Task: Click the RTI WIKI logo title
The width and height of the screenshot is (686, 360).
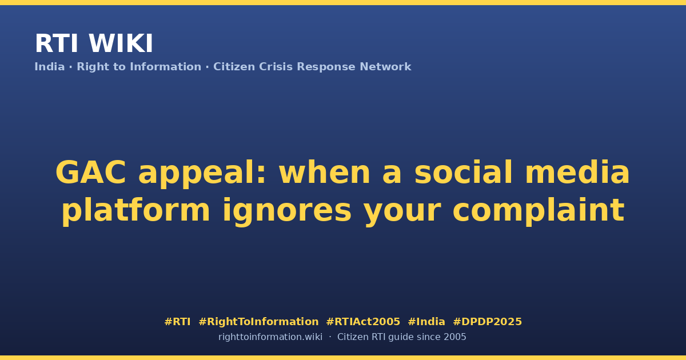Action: click(94, 43)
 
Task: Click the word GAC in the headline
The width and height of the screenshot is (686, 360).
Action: click(91, 173)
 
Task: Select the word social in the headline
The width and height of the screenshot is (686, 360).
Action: click(463, 172)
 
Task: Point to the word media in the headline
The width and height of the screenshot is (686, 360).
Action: click(577, 172)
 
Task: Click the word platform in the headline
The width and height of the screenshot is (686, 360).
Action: click(135, 210)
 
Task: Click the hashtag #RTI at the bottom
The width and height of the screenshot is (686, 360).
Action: click(177, 322)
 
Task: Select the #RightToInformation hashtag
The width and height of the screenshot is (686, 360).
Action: click(258, 322)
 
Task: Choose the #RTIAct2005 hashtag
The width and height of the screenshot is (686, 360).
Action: click(363, 322)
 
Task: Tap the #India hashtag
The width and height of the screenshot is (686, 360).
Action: click(426, 322)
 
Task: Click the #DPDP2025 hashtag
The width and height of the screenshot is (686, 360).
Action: click(487, 322)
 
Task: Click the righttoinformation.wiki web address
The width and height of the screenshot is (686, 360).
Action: click(270, 337)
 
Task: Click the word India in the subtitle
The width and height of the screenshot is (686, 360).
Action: click(50, 67)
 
